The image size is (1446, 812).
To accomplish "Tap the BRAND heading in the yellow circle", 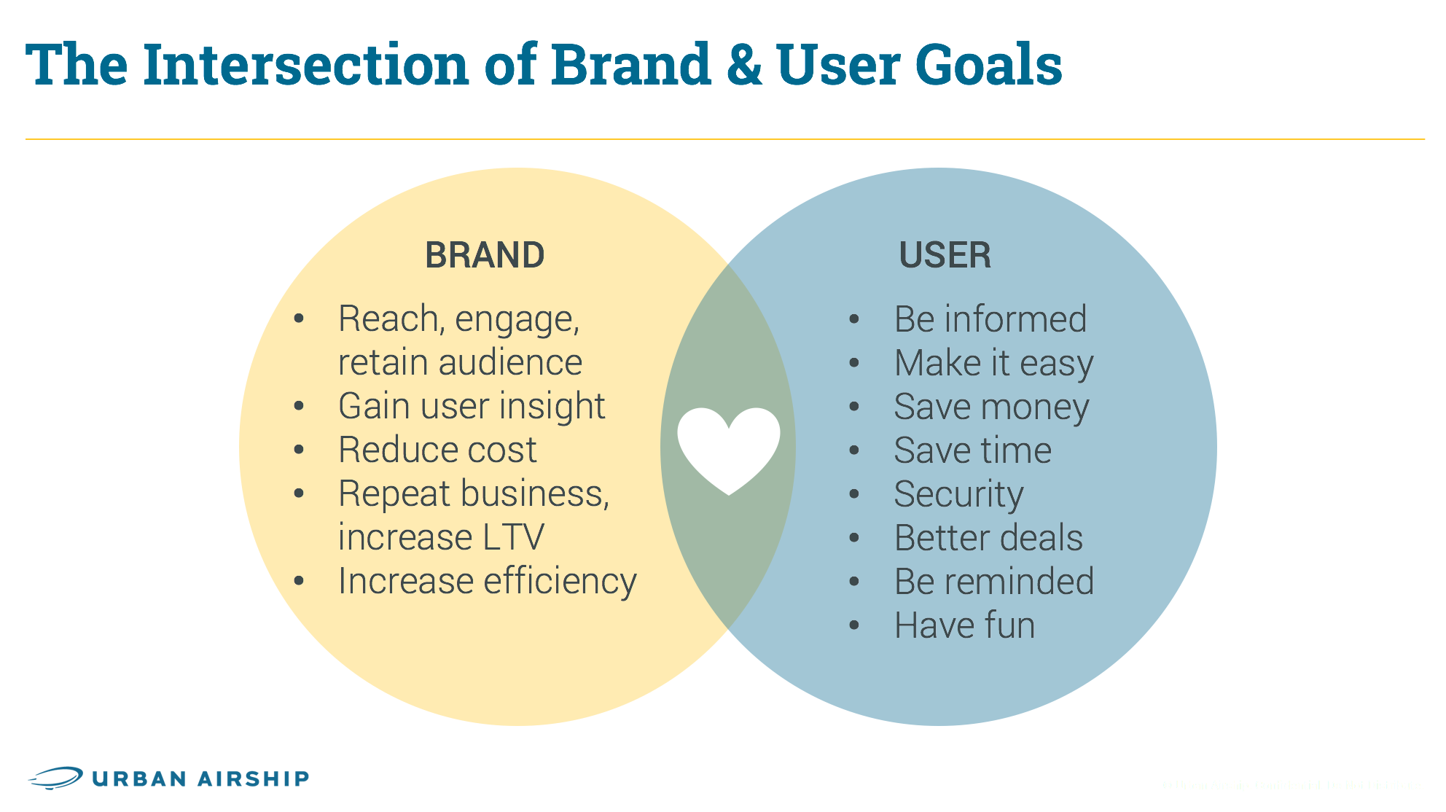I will tap(485, 256).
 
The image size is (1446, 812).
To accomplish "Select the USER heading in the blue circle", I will tap(945, 256).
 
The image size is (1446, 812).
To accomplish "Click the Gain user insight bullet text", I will tap(472, 407).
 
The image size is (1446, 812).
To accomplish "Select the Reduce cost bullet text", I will tap(437, 450).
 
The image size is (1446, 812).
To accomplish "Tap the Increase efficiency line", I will tap(487, 582).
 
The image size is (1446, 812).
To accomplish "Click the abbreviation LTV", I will tap(513, 538).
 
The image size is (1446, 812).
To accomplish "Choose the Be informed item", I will tap(990, 319).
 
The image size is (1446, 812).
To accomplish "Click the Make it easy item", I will tap(993, 363).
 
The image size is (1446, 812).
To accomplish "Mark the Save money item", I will tap(991, 407).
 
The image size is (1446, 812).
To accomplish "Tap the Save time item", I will tap(972, 450).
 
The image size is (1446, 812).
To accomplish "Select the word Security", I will tap(958, 494).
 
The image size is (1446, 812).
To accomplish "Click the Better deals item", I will tap(988, 538).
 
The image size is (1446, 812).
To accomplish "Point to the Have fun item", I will tap(964, 625).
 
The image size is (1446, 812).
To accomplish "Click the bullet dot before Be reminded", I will tap(855, 582).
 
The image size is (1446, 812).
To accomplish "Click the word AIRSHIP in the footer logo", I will tap(254, 778).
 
